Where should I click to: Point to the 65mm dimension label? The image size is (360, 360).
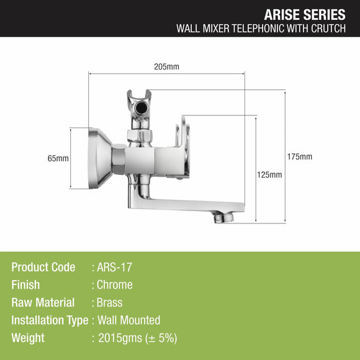point(58,158)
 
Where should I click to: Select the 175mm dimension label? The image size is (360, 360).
point(301,156)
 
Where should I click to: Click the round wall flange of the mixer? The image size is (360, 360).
point(100,158)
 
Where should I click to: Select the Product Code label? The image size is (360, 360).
point(43,268)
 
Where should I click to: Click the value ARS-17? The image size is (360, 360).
point(115,268)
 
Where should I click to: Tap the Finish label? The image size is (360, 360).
point(25,285)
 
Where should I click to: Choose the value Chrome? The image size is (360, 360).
point(115,285)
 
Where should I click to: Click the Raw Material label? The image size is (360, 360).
point(43,303)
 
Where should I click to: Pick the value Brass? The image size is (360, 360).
point(110,303)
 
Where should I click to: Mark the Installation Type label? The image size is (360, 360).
point(50,320)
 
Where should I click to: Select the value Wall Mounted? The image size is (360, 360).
point(128,320)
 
